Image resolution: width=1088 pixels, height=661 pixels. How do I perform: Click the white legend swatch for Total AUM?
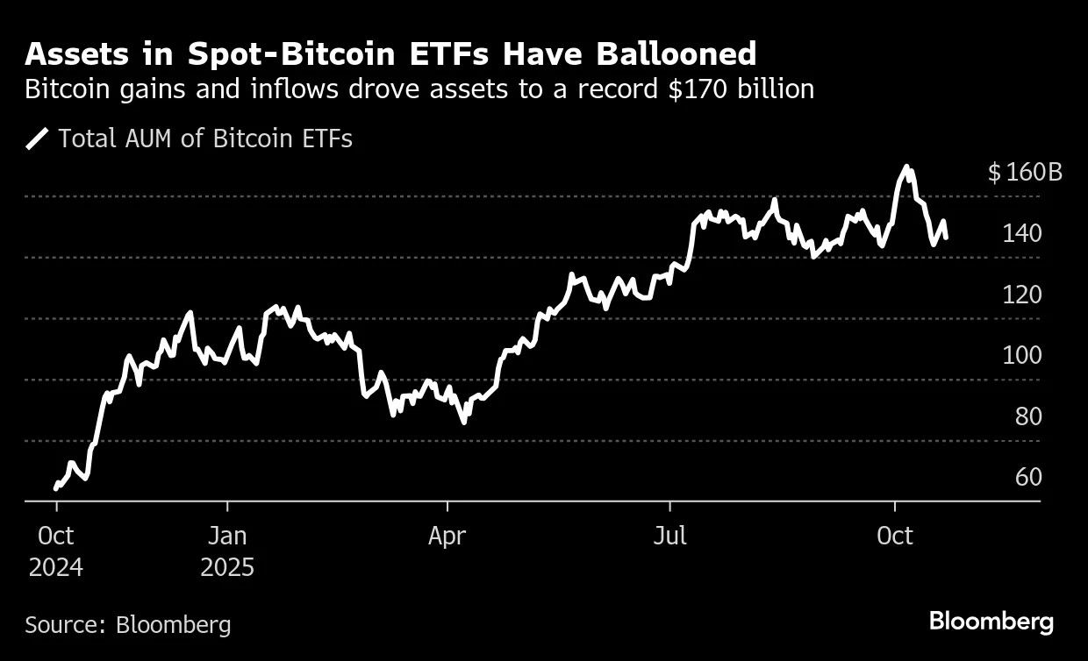[x=37, y=139]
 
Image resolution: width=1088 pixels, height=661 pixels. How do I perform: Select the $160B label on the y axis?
[x=1025, y=172]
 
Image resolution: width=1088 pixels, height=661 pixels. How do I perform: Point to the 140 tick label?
[x=1023, y=233]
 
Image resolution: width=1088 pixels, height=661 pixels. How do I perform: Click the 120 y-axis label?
[x=1023, y=295]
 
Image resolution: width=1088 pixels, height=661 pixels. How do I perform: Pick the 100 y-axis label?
[x=1023, y=355]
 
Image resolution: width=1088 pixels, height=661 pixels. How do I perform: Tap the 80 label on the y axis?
[x=1028, y=416]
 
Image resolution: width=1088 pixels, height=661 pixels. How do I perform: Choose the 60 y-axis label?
[x=1028, y=477]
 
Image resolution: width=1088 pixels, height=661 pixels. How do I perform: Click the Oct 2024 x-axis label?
[x=55, y=551]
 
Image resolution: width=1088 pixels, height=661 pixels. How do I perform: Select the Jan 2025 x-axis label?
[x=227, y=551]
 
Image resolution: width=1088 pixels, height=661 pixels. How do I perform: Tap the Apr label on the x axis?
[x=447, y=536]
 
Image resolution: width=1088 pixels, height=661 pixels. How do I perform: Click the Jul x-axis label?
[x=670, y=536]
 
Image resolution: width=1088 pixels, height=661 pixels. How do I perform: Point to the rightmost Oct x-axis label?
[x=894, y=536]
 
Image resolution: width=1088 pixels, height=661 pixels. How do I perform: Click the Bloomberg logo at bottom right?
[x=991, y=622]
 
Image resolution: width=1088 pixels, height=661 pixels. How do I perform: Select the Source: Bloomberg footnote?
[x=128, y=624]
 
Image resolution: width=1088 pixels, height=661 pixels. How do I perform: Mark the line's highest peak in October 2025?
[x=907, y=167]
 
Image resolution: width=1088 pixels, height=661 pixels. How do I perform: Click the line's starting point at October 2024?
[x=55, y=487]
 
